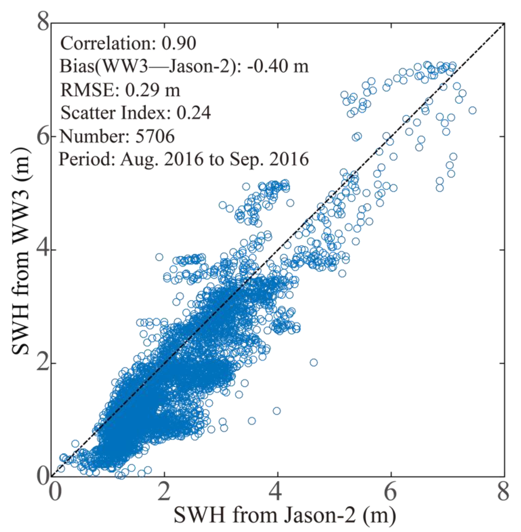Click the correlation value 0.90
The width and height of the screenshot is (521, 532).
tap(179, 43)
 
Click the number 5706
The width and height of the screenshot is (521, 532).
tap(155, 136)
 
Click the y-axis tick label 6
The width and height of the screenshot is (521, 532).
tap(43, 136)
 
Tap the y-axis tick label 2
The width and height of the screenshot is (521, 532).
tap(43, 363)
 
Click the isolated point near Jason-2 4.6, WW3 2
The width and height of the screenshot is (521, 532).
tap(314, 363)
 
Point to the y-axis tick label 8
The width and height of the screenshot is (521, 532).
tap(43, 23)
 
